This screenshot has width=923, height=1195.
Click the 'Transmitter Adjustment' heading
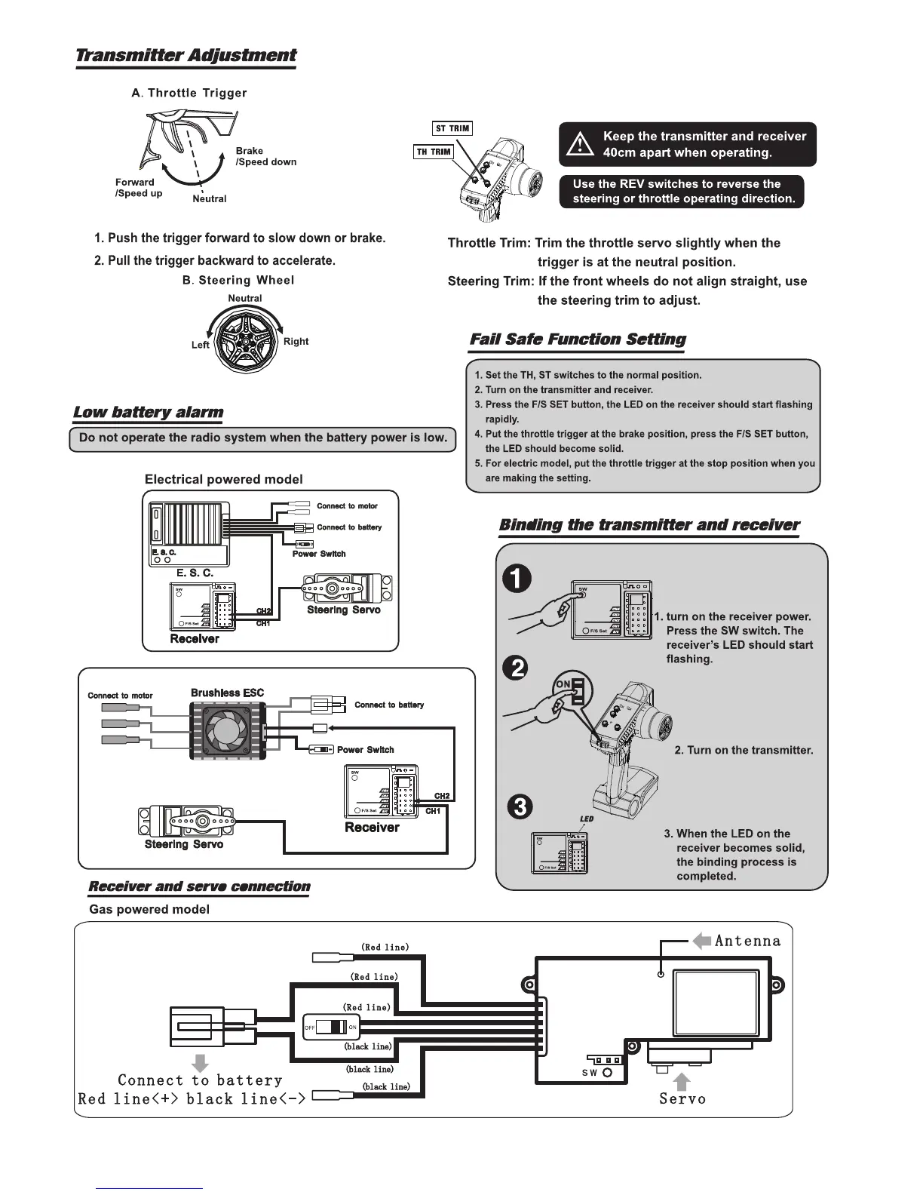click(x=186, y=56)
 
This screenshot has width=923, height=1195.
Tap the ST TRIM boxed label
click(x=452, y=128)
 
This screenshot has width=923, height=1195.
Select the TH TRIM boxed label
click(x=434, y=152)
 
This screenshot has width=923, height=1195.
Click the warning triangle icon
click(x=581, y=143)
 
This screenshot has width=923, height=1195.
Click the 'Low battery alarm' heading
click(x=148, y=412)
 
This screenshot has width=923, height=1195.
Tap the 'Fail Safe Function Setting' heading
click(x=578, y=339)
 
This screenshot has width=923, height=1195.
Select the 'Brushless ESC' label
click(x=227, y=693)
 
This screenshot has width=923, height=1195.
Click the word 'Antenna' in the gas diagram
click(x=747, y=941)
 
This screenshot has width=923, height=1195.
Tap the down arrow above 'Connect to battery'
click(x=201, y=1063)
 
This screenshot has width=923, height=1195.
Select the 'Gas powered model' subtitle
click(x=149, y=909)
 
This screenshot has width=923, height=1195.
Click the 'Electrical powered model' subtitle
click(x=223, y=480)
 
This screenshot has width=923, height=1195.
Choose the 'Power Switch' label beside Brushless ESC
click(x=365, y=750)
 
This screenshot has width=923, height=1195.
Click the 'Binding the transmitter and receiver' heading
click(x=649, y=525)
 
